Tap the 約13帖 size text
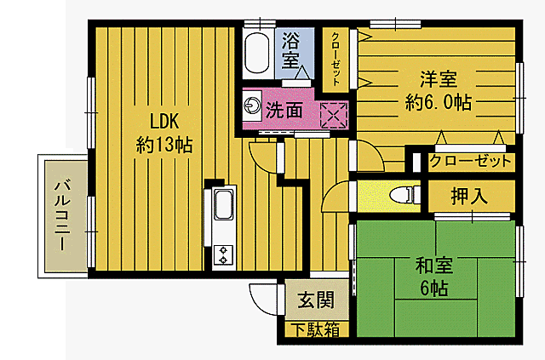click(163, 145)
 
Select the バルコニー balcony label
click(62, 214)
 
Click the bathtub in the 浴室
click(255, 53)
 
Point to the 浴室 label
click(291, 51)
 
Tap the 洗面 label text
click(284, 109)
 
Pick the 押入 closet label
click(470, 197)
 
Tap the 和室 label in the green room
click(435, 266)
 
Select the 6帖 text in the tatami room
click(435, 287)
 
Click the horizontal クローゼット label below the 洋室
click(470, 161)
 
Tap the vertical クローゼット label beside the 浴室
click(336, 59)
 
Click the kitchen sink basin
click(222, 204)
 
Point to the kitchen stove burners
click(224, 253)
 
